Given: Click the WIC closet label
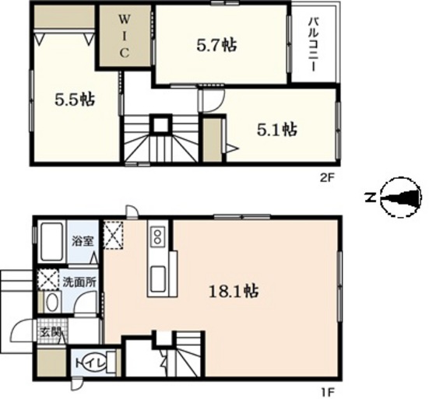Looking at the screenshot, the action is click(125, 36).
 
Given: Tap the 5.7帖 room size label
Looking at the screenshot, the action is click(217, 45).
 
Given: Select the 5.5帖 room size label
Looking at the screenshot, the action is click(75, 100).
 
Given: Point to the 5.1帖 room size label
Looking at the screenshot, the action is click(276, 130).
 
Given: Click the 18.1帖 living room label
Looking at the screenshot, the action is click(234, 292).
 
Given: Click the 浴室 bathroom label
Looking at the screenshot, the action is click(83, 240).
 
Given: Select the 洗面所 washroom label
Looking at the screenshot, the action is click(79, 282).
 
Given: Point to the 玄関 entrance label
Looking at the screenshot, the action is click(51, 332).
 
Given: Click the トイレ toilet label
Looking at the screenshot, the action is click(90, 363).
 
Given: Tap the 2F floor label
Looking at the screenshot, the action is click(326, 177).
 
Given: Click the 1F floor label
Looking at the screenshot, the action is click(328, 393).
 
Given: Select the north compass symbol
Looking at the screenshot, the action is click(400, 197).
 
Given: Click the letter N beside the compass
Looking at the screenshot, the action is click(371, 198).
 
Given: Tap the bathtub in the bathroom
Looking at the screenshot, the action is click(51, 242).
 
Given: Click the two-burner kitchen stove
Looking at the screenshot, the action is click(157, 236).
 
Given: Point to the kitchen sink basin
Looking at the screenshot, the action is click(158, 279).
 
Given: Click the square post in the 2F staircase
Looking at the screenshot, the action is click(160, 124).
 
